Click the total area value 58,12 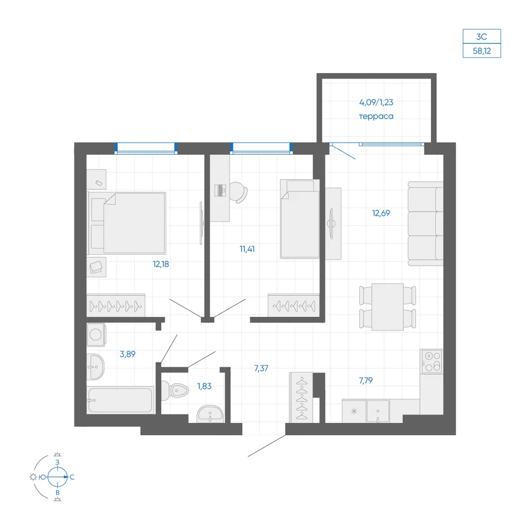point(482,51)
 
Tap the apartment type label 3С point(482,37)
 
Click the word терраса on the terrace point(376,116)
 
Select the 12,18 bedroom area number point(161,264)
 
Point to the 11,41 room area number point(247,249)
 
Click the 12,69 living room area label point(381,213)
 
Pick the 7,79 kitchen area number point(366,381)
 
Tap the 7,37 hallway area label point(261,368)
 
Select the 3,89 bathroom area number point(127,354)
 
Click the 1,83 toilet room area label point(205,386)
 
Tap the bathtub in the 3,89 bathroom point(120,400)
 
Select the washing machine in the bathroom point(96,334)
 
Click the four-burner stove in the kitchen point(431,361)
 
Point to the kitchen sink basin point(378,411)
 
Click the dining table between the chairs point(387,307)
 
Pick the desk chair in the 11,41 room point(238,192)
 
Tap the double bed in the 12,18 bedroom point(127,223)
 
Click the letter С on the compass point(72,477)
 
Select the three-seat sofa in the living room point(426,224)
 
